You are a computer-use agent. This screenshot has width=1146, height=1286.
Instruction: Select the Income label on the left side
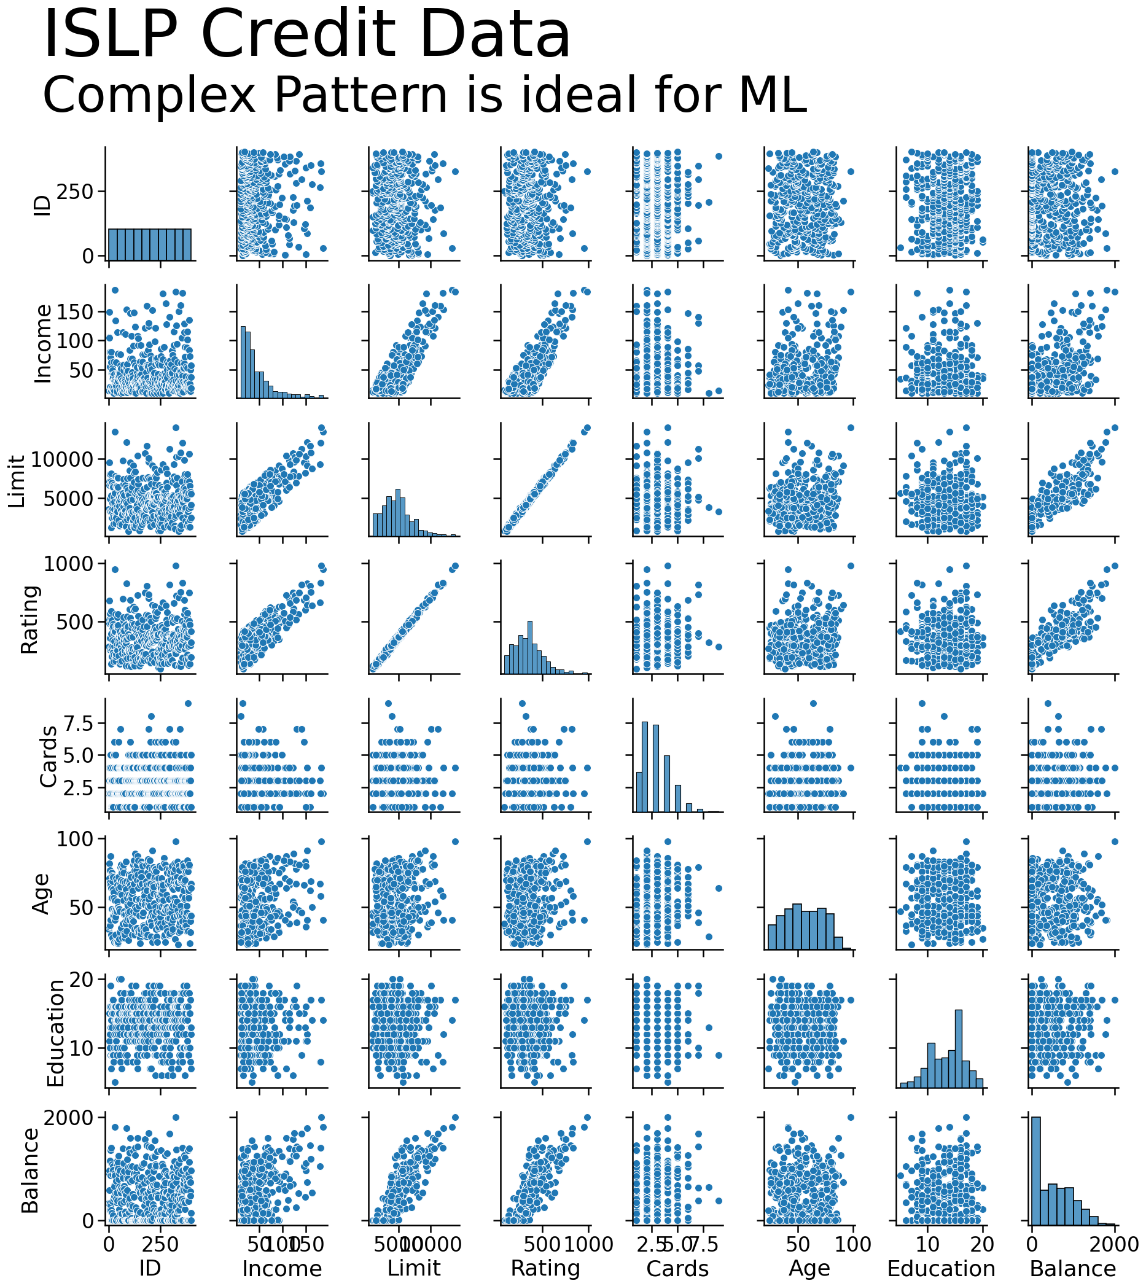42,344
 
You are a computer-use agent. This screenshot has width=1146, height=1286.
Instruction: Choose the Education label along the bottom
941,1268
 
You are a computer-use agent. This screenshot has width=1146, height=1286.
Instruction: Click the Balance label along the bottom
1073,1268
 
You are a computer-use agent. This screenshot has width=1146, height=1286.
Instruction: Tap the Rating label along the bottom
545,1268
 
